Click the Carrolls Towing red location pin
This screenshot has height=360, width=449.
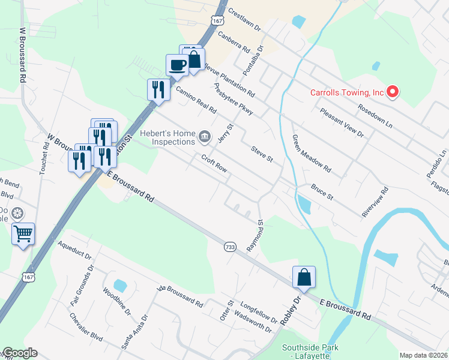point(393,92)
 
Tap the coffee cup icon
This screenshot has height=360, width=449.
point(177,64)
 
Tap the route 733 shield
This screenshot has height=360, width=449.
point(230,247)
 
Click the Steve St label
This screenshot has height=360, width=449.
point(262,154)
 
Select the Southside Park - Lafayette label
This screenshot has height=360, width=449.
point(310,352)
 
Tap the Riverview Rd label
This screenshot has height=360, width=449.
point(376,202)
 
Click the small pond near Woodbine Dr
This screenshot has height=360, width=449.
point(119,286)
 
